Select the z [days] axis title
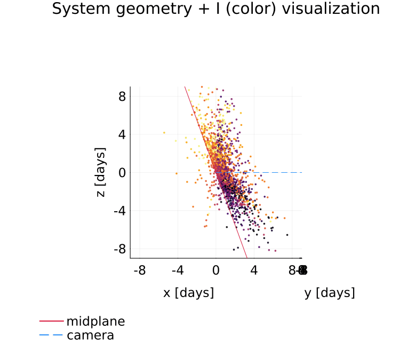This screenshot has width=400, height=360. [x=101, y=172]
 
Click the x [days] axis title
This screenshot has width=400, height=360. [x=188, y=293]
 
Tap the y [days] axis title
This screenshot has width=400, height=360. [x=330, y=293]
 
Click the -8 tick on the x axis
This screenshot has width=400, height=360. [x=140, y=271]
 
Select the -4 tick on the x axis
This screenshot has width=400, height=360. [x=178, y=271]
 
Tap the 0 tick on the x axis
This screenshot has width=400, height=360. [x=216, y=271]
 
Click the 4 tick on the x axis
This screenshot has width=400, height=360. [x=254, y=271]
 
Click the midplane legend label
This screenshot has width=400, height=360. [x=95, y=322]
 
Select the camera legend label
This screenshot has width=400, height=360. [x=90, y=335]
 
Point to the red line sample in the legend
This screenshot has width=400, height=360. [x=51, y=322]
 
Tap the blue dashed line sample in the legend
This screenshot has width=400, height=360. [x=51, y=335]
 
